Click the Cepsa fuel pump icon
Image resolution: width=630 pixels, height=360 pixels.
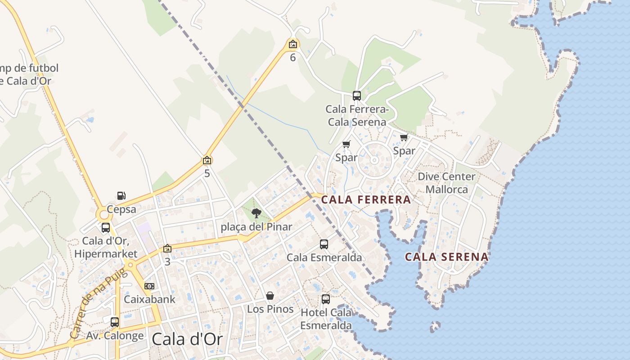coord(121,196)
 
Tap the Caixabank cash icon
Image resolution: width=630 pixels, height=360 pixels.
coord(149,286)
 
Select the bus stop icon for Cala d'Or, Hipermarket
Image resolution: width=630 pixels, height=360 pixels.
coord(106,228)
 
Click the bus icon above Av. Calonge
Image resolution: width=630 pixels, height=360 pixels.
coord(115,322)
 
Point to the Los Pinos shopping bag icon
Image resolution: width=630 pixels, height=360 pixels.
coord(270,296)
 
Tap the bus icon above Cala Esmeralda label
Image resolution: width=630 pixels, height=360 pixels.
coord(324,244)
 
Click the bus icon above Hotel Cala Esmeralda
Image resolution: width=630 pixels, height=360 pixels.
coord(326,299)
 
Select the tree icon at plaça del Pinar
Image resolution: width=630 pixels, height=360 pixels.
coord(256,213)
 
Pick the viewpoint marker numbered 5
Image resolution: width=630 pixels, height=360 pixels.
coord(207,160)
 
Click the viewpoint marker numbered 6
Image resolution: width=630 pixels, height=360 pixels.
coord(293,44)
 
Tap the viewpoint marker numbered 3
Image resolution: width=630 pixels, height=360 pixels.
coord(167,248)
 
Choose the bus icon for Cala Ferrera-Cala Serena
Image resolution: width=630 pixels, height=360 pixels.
coord(357,95)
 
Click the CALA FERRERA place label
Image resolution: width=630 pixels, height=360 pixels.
coord(366,200)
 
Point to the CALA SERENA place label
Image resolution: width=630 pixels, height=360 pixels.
coord(446,257)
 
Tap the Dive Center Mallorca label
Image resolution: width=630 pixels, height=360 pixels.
coord(446,183)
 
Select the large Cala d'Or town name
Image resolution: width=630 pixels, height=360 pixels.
coord(187,339)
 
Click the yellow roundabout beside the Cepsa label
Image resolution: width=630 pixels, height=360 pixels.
coord(104,215)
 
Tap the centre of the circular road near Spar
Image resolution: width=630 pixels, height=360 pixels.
coord(374,160)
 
